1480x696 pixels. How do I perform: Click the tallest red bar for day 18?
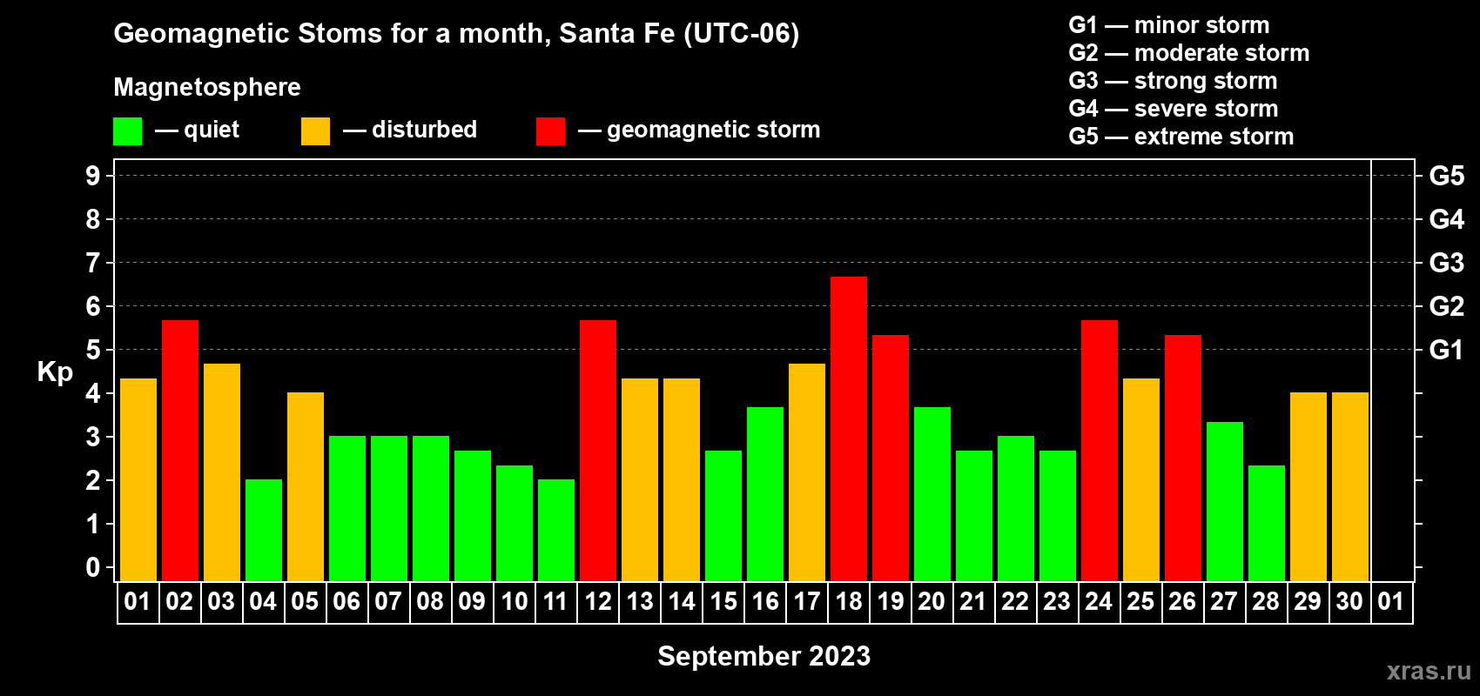pyautogui.click(x=848, y=429)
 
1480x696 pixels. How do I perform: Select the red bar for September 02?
pyautogui.click(x=179, y=451)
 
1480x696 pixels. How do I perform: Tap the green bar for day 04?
pyautogui.click(x=264, y=530)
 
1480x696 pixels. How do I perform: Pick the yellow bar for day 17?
pyautogui.click(x=807, y=472)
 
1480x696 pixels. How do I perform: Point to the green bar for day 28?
pyautogui.click(x=1267, y=523)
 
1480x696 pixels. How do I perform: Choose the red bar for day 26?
pyautogui.click(x=1182, y=458)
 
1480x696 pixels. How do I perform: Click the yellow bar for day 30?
pyautogui.click(x=1349, y=486)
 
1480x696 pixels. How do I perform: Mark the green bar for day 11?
pyautogui.click(x=556, y=530)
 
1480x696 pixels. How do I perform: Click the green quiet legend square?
pyautogui.click(x=127, y=130)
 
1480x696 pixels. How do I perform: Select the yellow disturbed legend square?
pyautogui.click(x=315, y=130)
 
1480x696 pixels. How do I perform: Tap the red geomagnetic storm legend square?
pyautogui.click(x=550, y=130)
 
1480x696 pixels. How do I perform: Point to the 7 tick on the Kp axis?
pyautogui.click(x=92, y=263)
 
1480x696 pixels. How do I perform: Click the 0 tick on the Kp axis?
pyautogui.click(x=92, y=567)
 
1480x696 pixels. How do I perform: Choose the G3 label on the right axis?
pyautogui.click(x=1446, y=263)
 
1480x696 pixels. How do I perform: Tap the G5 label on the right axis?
pyautogui.click(x=1446, y=176)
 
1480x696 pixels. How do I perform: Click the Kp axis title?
pyautogui.click(x=55, y=372)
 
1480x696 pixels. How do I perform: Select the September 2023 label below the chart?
pyautogui.click(x=764, y=656)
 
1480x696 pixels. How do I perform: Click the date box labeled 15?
pyautogui.click(x=723, y=601)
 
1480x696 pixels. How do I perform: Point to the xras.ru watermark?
pyautogui.click(x=1430, y=671)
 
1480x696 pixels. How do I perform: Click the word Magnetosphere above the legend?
pyautogui.click(x=207, y=87)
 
